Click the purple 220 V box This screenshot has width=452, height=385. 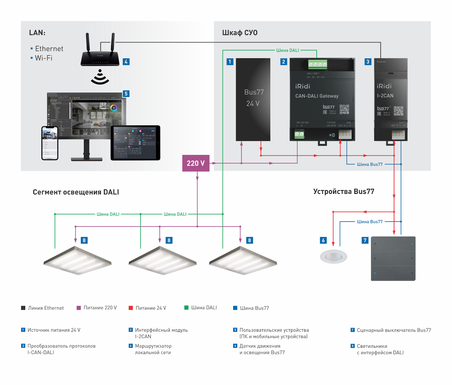196,163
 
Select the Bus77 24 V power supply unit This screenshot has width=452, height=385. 253,99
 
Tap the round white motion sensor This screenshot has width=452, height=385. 333,256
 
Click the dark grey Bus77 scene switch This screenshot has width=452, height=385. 393,258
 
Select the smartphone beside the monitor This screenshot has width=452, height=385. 50,143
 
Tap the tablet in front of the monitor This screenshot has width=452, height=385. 135,143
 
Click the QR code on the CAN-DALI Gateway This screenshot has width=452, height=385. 344,109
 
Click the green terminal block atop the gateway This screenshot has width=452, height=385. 318,64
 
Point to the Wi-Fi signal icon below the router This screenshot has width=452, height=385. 100,77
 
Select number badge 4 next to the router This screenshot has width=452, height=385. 126,62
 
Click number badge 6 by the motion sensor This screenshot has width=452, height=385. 323,240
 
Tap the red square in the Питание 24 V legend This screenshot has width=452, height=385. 131,308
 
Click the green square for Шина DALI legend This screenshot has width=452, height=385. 186,307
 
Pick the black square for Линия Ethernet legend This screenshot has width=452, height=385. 23,308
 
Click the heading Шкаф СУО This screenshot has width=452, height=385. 240,33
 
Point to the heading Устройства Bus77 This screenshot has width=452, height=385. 344,192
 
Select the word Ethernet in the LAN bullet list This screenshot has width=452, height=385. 49,49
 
